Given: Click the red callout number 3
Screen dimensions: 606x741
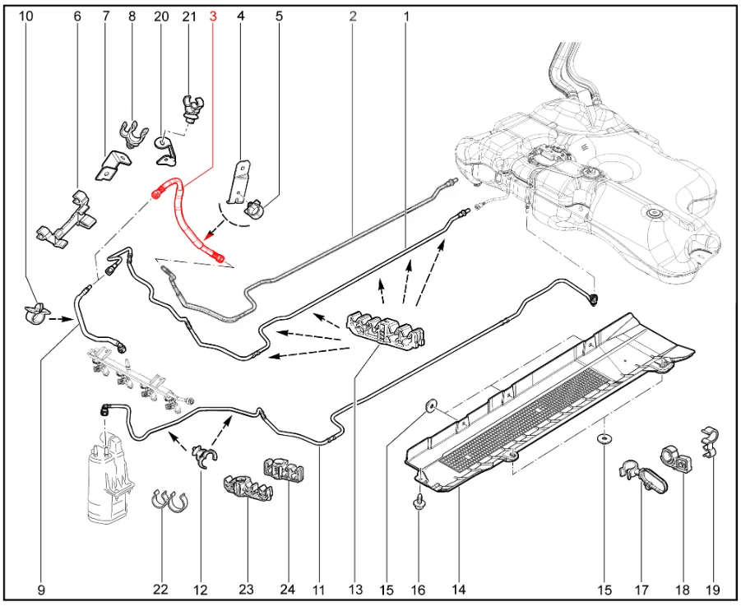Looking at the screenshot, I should [x=214, y=16].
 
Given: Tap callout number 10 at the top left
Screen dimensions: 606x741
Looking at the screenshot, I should [x=26, y=16].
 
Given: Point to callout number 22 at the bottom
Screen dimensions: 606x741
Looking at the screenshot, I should [x=160, y=590].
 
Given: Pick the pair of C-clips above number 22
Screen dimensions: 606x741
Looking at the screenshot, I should [x=169, y=499].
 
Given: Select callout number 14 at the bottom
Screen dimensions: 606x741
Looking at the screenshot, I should [x=459, y=590].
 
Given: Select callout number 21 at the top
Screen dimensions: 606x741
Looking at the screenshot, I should [x=189, y=16].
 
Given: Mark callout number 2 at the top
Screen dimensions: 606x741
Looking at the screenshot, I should [x=353, y=16].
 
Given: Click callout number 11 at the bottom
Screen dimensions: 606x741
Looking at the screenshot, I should [x=318, y=590].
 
